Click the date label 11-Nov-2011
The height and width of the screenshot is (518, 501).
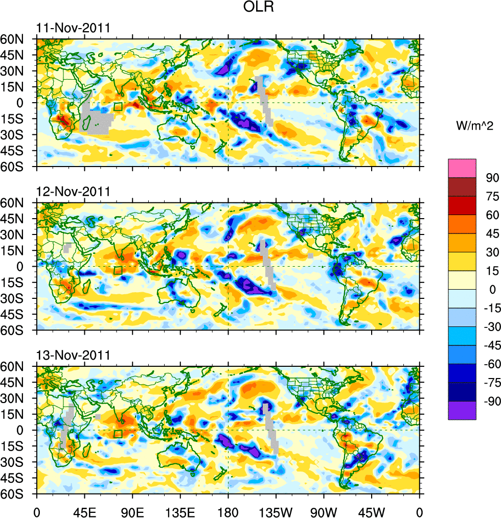73,28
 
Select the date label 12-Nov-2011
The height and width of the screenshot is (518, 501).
73,192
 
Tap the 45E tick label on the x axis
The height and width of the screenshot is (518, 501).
85,511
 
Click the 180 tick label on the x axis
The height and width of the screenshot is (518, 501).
228,511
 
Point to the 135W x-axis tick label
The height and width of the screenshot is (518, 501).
276,511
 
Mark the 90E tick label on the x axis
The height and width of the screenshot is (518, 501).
133,511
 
